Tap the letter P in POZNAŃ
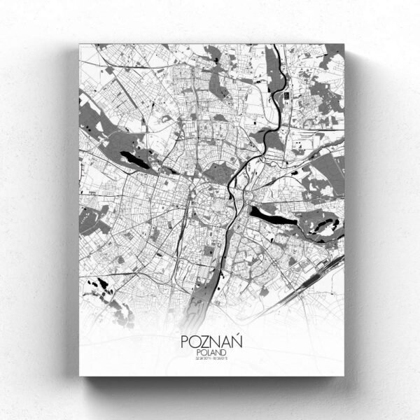pyautogui.click(x=185, y=342)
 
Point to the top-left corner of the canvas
pyautogui.click(x=80, y=44)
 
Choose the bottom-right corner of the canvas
pyautogui.click(x=344, y=375)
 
